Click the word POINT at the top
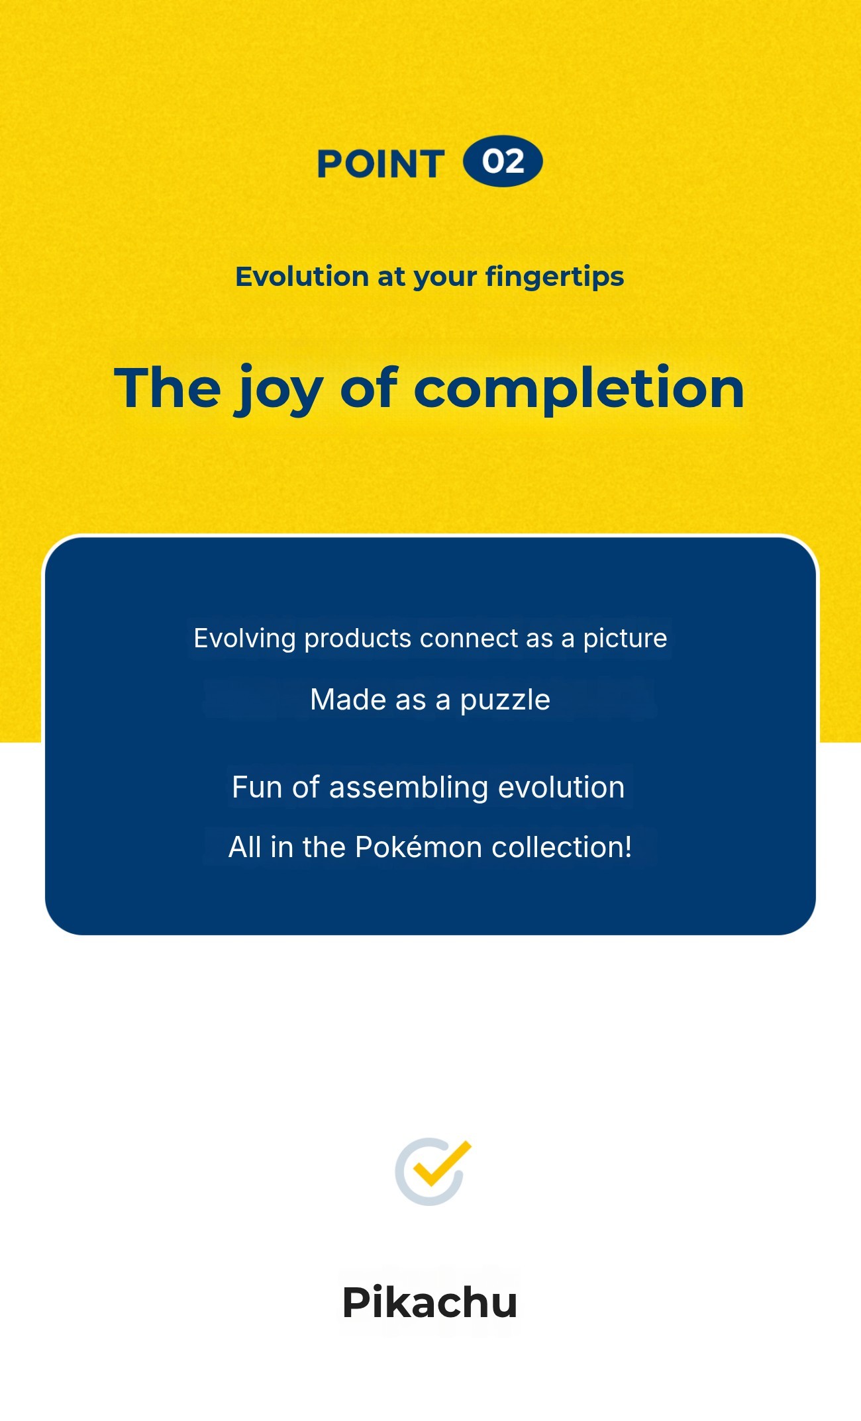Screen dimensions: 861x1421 [380, 163]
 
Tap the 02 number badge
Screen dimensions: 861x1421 [503, 161]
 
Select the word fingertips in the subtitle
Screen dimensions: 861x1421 [554, 277]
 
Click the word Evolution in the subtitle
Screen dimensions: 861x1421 [302, 276]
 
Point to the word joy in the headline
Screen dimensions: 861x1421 [278, 390]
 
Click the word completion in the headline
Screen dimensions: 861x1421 [579, 390]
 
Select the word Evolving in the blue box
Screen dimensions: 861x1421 [244, 639]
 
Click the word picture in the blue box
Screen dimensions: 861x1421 [625, 639]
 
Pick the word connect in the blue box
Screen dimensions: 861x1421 [468, 639]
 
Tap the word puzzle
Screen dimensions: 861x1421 [505, 700]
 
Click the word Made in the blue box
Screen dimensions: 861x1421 [348, 700]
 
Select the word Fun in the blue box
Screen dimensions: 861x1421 [257, 788]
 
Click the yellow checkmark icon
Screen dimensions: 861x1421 [440, 1163]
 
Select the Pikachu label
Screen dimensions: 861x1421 [430, 1302]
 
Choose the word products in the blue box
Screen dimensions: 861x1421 [358, 639]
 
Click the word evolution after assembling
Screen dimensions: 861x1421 [561, 788]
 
